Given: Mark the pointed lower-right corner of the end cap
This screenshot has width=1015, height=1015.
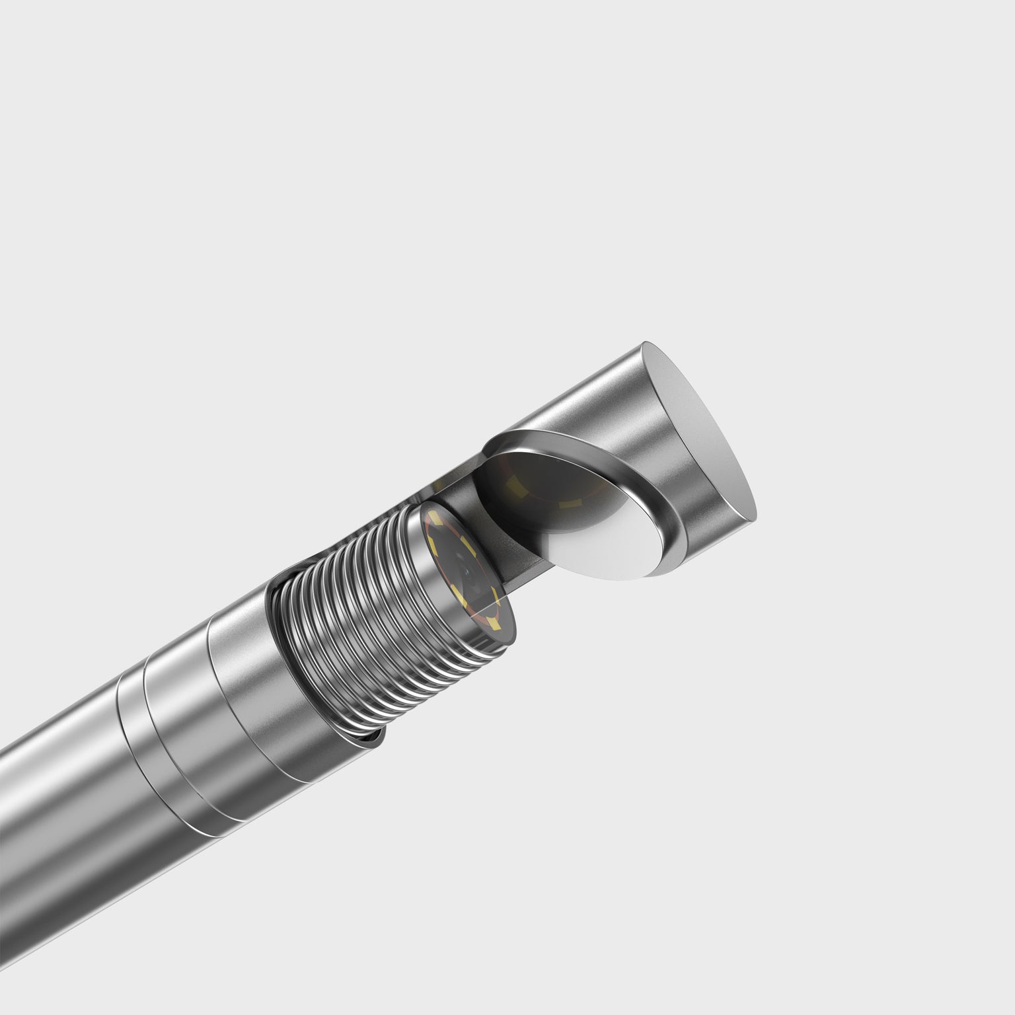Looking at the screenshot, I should pos(753,515).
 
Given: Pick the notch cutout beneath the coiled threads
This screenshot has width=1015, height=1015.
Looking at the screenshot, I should pos(370,740).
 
